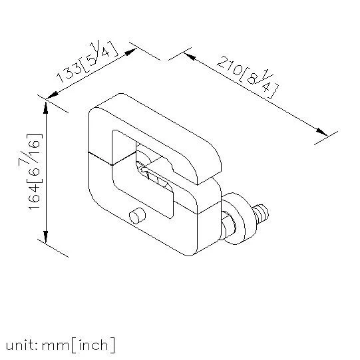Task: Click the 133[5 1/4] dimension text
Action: tap(87, 63)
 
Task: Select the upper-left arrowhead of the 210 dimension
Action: tap(188, 56)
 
